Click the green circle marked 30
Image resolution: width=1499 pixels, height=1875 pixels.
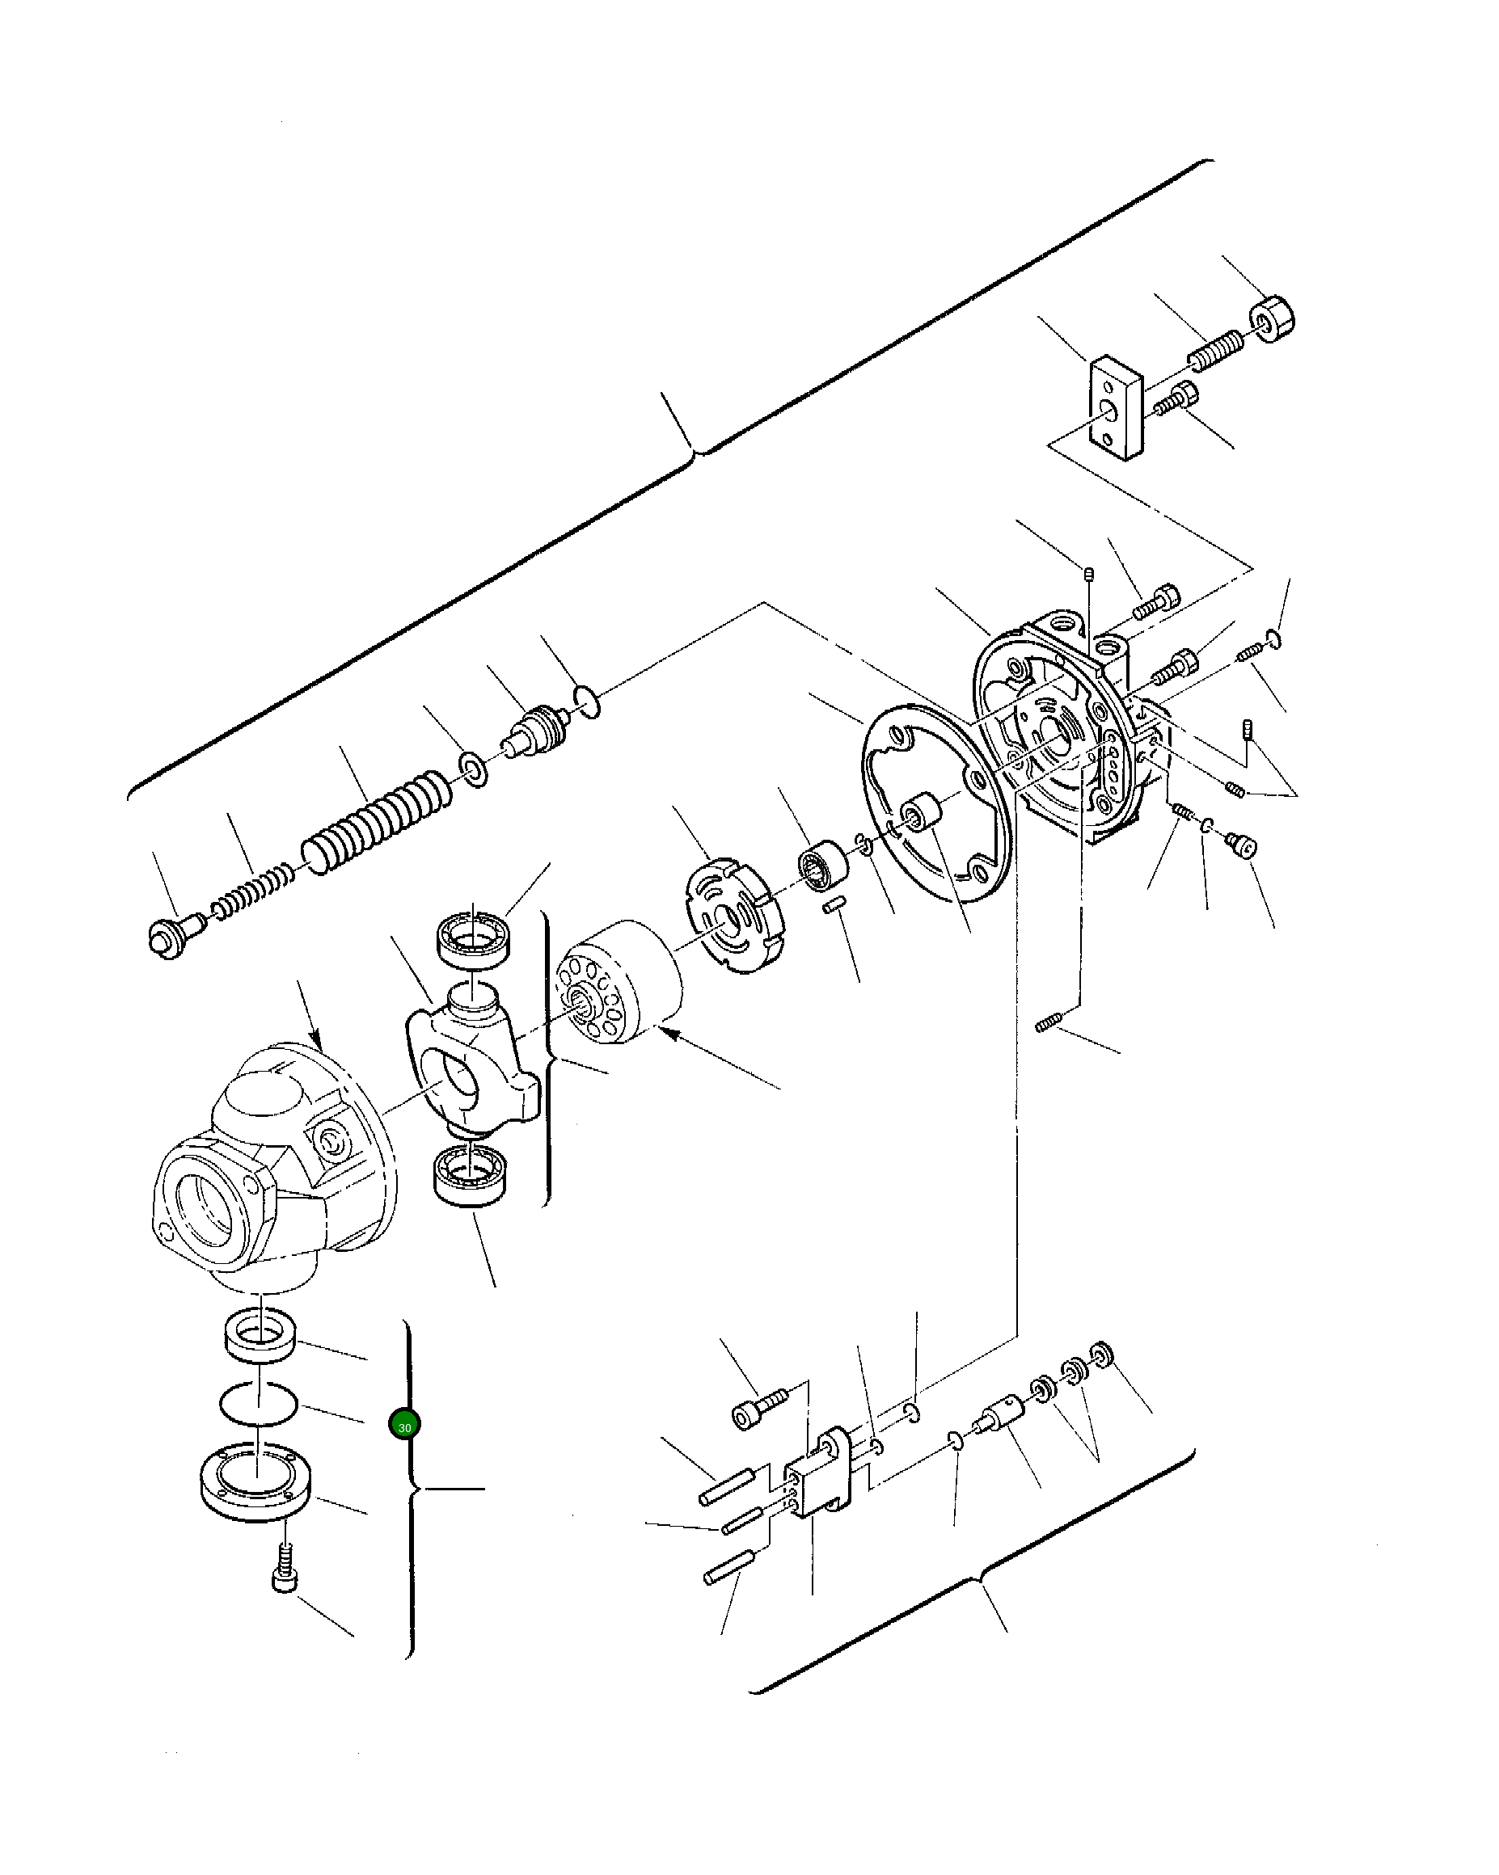403,1425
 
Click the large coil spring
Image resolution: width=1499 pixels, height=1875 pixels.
376,821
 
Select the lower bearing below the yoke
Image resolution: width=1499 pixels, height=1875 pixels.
470,1175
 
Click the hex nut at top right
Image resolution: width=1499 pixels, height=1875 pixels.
1272,319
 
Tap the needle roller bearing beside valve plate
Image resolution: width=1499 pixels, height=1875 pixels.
823,866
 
